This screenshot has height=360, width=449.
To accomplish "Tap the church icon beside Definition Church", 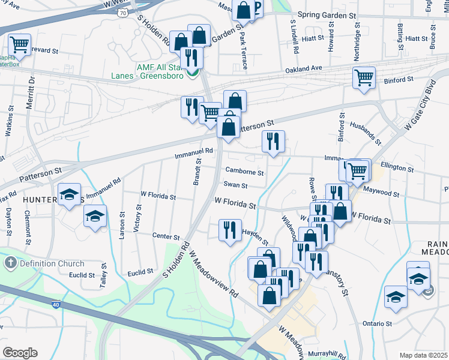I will [x=10, y=263].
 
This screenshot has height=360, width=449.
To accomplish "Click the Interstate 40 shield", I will [x=55, y=305].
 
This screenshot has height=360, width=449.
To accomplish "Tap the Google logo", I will [x=20, y=353].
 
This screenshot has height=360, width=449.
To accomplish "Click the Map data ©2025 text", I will [x=423, y=355].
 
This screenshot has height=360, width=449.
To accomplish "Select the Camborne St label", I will [x=244, y=172].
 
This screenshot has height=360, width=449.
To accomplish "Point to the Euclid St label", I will [x=82, y=275].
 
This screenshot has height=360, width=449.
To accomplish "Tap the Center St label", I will [x=166, y=236].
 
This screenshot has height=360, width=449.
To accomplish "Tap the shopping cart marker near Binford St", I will [x=364, y=78].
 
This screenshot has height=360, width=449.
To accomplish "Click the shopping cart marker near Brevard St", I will [x=19, y=44].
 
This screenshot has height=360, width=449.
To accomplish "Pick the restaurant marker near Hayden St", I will [x=230, y=230].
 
